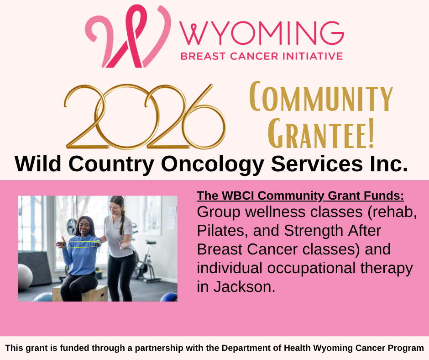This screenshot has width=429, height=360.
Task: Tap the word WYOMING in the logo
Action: pos(262,33)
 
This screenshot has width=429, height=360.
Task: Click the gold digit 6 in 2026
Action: pos(204,118)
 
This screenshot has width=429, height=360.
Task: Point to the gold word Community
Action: pos(321,96)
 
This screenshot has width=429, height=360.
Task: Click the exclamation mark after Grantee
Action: pos(371,133)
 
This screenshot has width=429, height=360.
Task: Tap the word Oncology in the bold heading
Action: pos(212,164)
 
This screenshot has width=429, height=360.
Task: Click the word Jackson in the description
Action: pos(244,286)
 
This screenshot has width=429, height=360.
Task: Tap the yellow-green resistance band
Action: pos(80,245)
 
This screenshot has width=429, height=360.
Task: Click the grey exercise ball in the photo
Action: pos(25,277)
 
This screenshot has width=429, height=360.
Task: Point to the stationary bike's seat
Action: pos(151,242)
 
